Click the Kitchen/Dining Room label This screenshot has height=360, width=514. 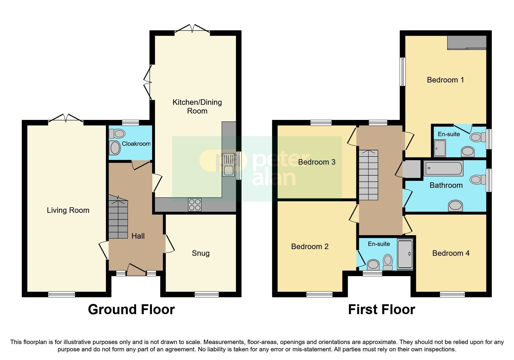(x=197, y=106)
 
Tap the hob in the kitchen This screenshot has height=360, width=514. (x=194, y=204)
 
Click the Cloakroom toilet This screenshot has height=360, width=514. (x=117, y=134)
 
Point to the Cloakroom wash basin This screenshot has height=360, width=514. (x=115, y=148)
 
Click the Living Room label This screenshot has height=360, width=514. (x=68, y=210)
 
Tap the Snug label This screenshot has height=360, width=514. (x=201, y=253)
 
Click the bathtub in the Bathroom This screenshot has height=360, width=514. (x=443, y=168)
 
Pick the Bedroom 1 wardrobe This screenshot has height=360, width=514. (x=466, y=42)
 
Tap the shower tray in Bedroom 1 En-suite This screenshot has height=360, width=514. (x=440, y=148)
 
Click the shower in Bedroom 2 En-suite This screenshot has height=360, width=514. (x=405, y=254)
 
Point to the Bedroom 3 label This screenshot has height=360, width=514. (x=317, y=162)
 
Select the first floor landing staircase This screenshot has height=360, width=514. (x=369, y=175)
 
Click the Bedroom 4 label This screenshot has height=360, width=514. (x=451, y=253)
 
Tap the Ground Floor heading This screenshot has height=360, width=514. (x=131, y=309)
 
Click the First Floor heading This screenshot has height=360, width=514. (x=381, y=309)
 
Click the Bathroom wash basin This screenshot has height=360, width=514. (x=455, y=206)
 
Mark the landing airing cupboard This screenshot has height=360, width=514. (x=412, y=169)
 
